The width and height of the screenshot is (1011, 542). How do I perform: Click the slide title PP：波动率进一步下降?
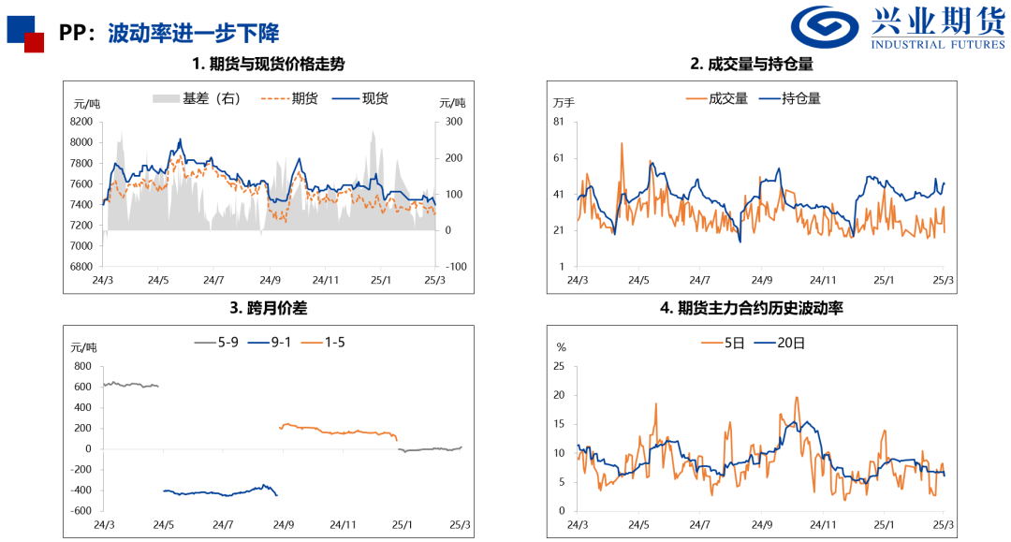[169, 35]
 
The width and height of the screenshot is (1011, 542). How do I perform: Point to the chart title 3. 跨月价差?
[268, 306]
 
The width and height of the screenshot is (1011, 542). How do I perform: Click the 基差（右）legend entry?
[196, 97]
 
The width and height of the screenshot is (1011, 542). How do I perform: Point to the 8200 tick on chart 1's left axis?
[81, 122]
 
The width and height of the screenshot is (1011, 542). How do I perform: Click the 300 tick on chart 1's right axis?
[454, 122]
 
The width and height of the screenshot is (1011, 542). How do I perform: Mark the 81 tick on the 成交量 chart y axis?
[558, 122]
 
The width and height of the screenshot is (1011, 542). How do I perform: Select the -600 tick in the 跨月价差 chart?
[81, 510]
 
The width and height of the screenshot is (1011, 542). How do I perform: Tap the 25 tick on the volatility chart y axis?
[561, 366]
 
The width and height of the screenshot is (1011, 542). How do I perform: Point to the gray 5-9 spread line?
[131, 384]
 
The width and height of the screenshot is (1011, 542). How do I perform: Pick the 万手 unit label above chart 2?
[564, 102]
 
